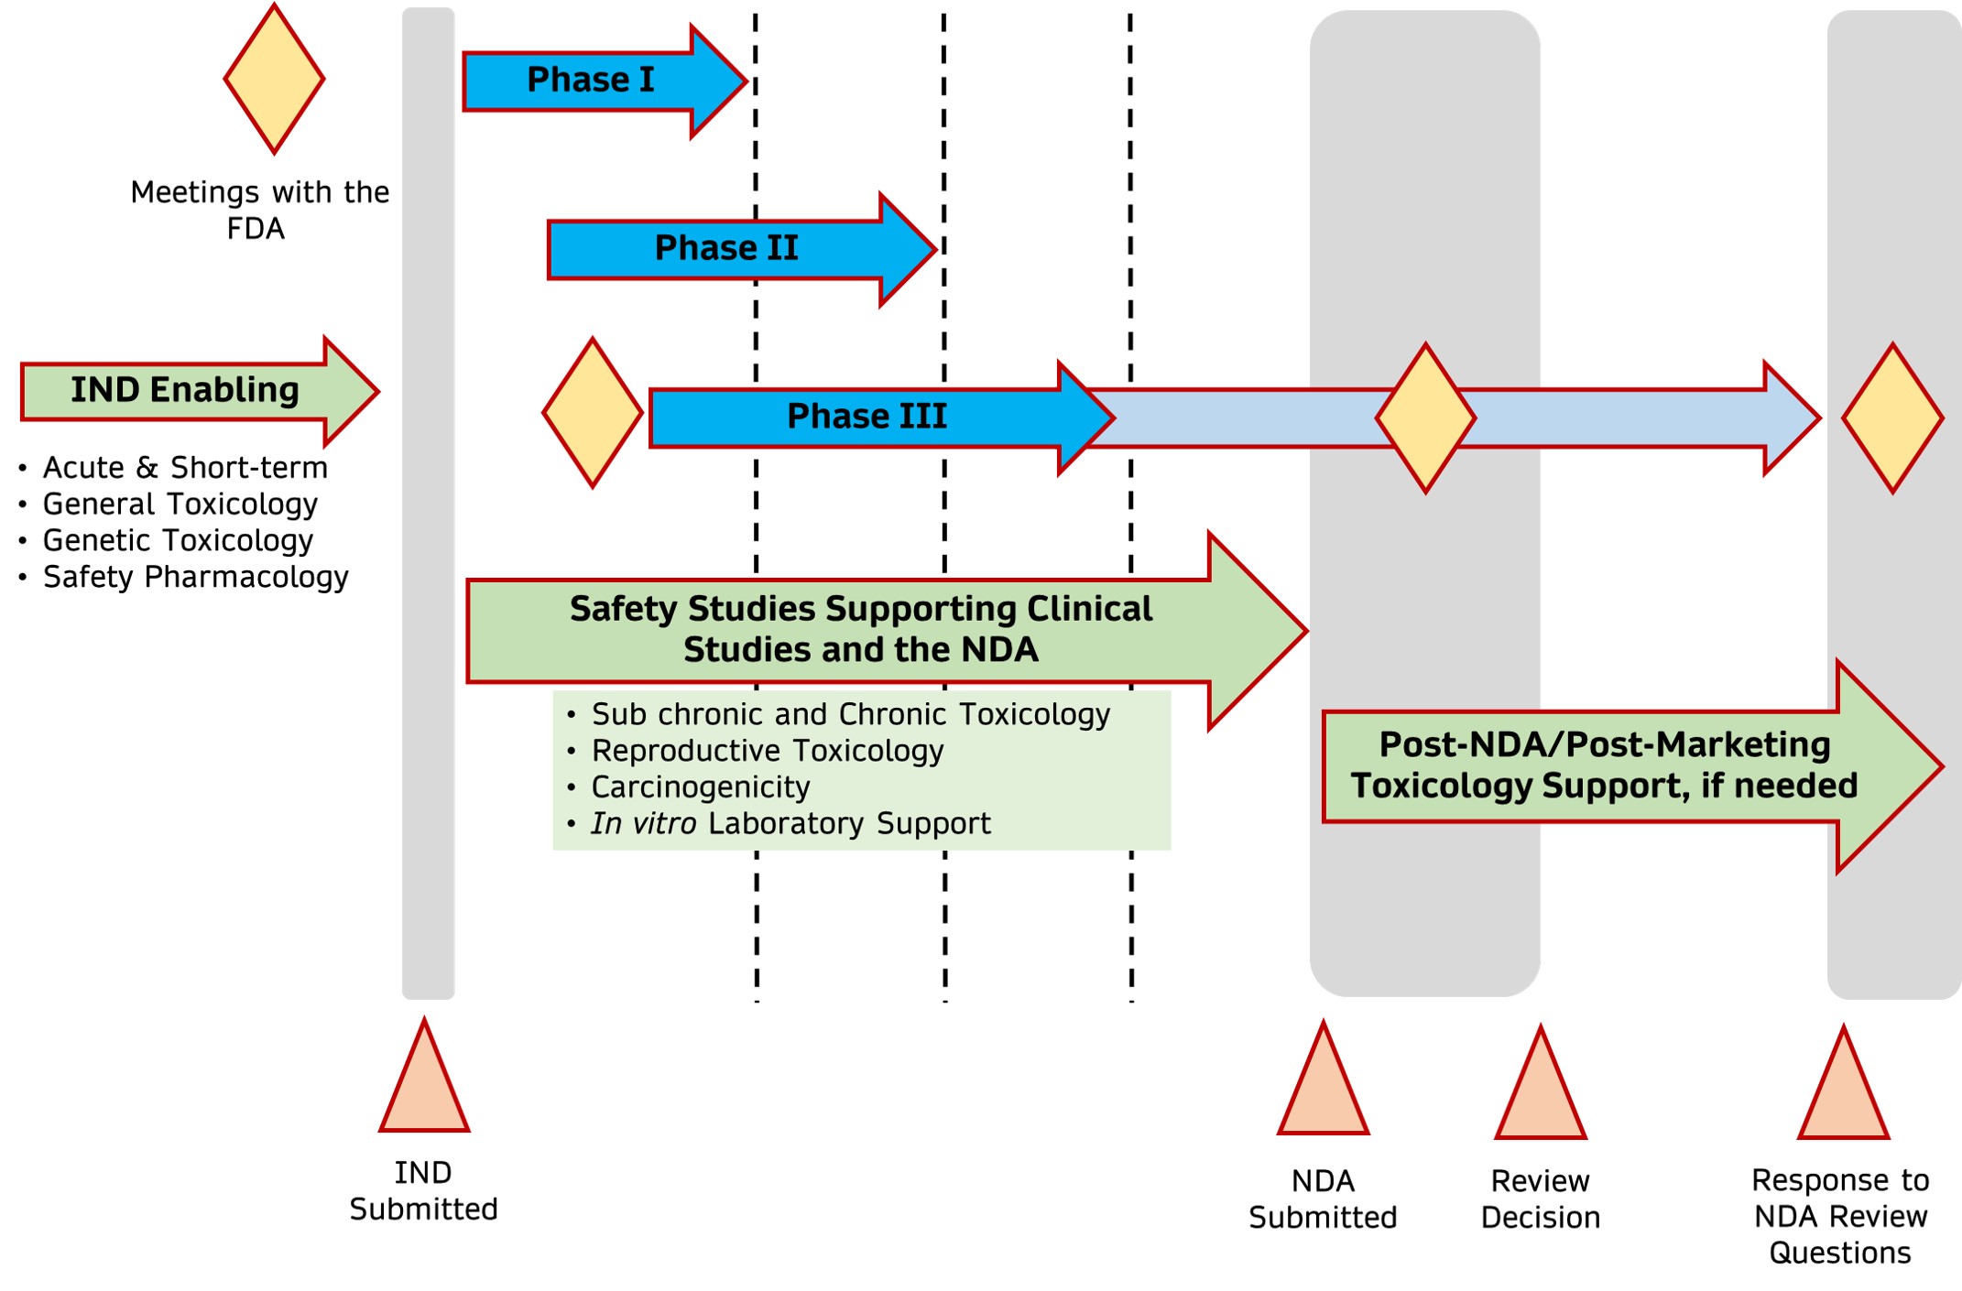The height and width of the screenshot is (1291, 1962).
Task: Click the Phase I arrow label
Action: [x=591, y=81]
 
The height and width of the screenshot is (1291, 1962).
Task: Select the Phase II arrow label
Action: [x=726, y=248]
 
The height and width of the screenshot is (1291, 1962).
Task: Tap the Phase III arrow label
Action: [x=867, y=417]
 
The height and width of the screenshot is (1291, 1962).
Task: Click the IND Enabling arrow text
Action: [x=185, y=390]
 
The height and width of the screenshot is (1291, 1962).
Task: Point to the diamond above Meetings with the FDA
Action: [x=274, y=79]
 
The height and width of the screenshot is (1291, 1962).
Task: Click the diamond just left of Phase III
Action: [x=593, y=413]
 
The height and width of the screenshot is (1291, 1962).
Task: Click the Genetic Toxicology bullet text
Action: [x=178, y=541]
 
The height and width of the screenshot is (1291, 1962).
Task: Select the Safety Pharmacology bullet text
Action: [x=195, y=578]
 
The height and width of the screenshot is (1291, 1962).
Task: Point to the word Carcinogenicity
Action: [x=701, y=787]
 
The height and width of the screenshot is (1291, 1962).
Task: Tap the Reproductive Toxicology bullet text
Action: [x=768, y=751]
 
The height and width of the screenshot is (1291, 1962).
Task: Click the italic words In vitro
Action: [x=644, y=824]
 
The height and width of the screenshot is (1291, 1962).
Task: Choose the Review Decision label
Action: [x=1541, y=1199]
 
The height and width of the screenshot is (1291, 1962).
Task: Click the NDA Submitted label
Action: [x=1323, y=1199]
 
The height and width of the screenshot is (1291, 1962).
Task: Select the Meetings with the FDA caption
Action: [x=259, y=210]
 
